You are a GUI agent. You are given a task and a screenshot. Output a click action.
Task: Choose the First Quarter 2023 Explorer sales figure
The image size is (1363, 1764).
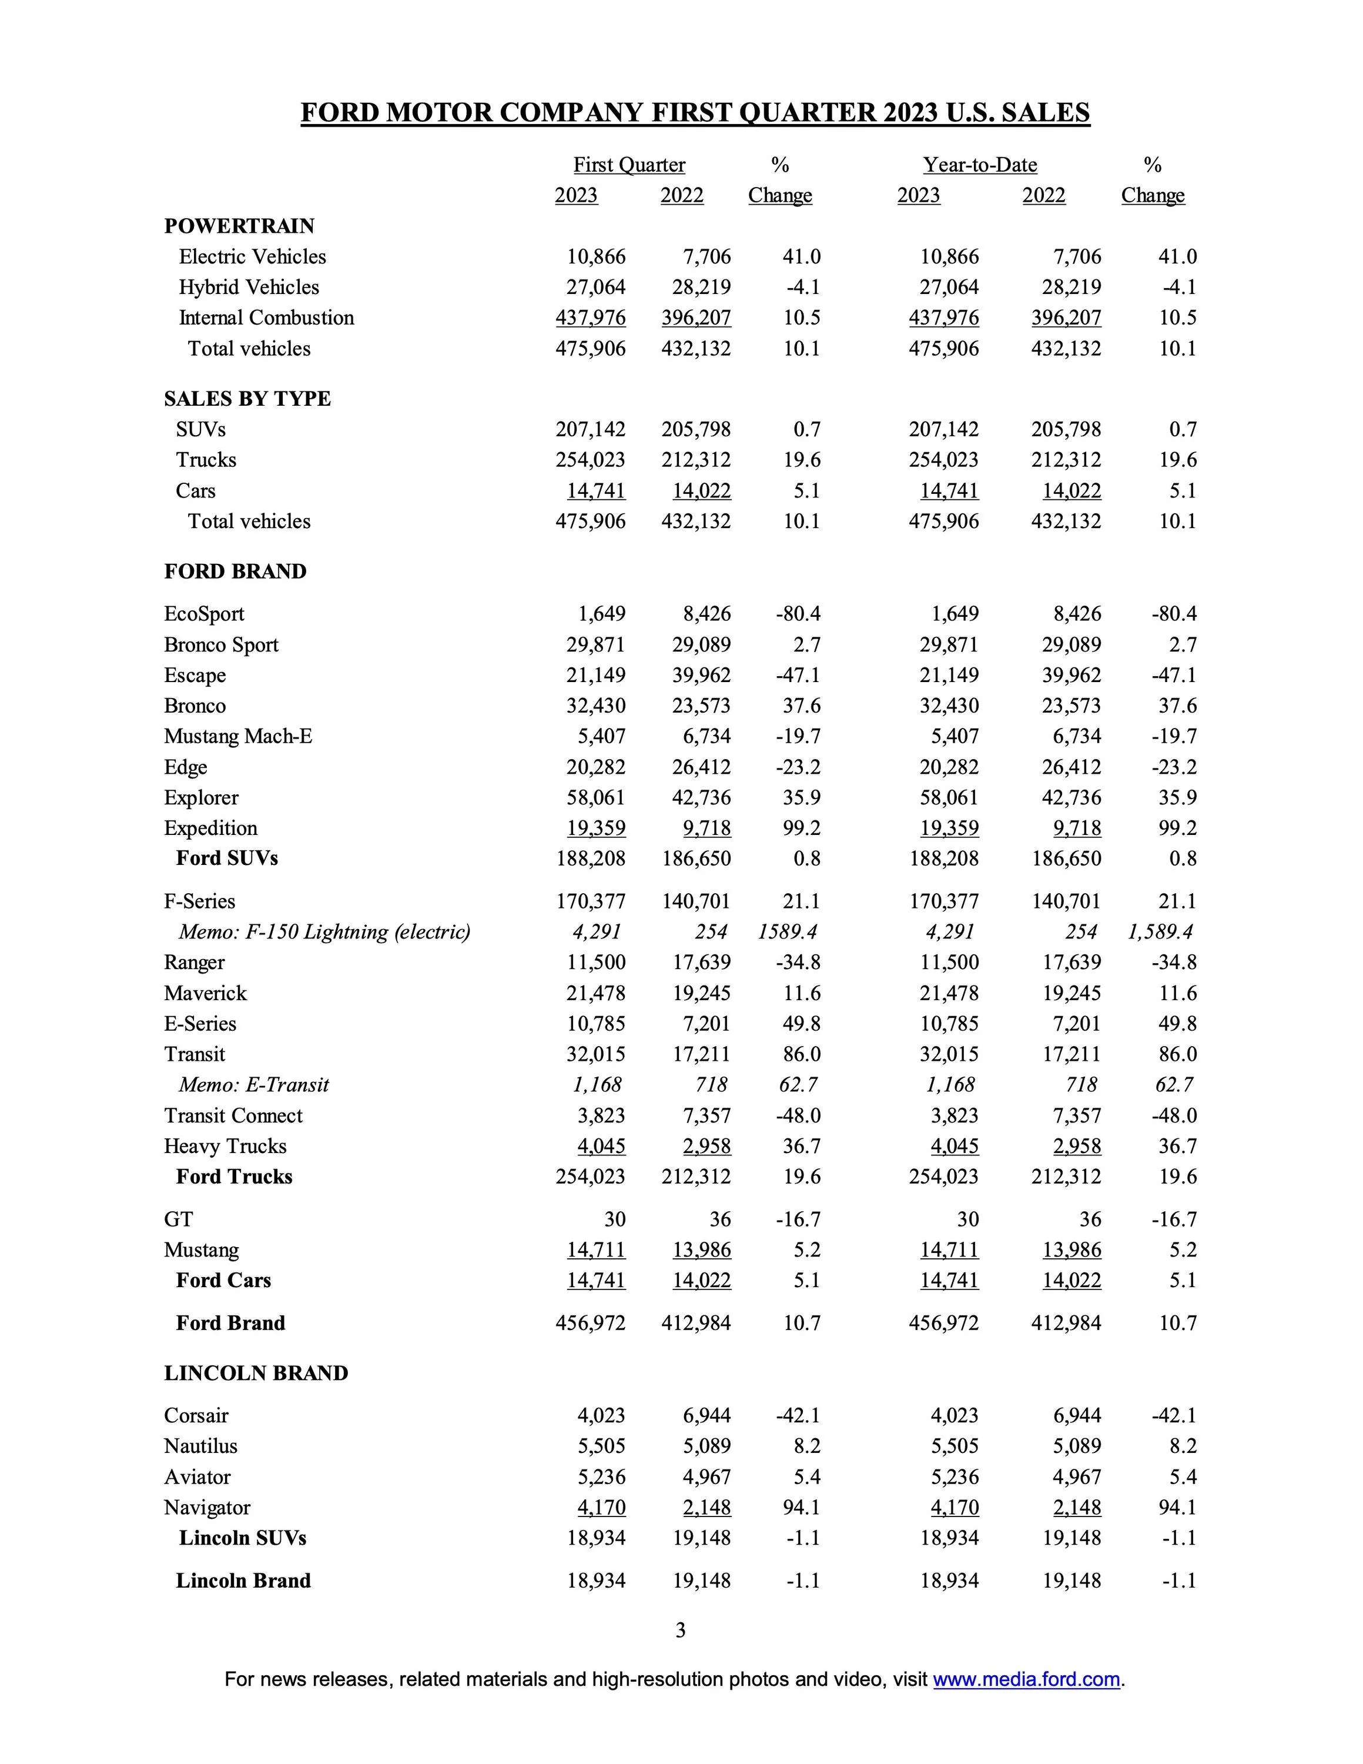(x=596, y=797)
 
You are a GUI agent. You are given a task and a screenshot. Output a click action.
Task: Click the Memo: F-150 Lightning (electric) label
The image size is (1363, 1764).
(x=324, y=931)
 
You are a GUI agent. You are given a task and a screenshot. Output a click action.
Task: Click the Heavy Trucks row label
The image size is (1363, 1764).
(x=225, y=1145)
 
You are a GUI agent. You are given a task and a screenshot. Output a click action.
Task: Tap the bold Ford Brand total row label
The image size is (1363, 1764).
(x=230, y=1322)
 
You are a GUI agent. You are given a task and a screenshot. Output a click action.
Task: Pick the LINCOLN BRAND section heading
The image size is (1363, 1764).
(x=256, y=1373)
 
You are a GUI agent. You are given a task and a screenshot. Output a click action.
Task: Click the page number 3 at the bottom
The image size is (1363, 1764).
(x=681, y=1630)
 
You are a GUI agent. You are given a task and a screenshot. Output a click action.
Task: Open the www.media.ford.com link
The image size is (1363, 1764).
(x=1026, y=1679)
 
